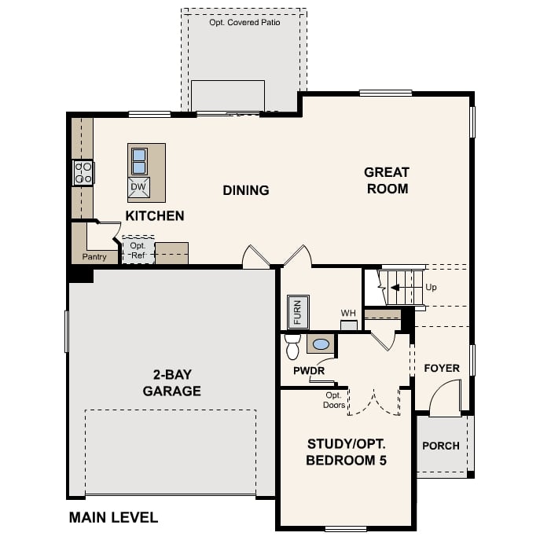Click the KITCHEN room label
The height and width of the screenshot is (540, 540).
(155, 215)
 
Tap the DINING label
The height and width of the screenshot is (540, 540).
(245, 190)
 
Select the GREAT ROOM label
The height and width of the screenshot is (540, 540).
(386, 180)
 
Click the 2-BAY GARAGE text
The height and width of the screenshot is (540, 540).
(171, 384)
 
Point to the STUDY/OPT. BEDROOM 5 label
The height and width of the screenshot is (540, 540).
(347, 452)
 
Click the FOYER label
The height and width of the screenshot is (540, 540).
(442, 368)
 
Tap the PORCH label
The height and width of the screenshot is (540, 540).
(441, 446)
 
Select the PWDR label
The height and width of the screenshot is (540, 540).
(309, 370)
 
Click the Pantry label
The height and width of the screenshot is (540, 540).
(94, 257)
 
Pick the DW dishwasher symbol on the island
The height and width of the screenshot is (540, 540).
(138, 187)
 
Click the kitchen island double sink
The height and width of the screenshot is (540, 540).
(139, 161)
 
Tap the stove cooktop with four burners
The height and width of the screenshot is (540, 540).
(83, 172)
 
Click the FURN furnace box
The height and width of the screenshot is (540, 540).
(298, 311)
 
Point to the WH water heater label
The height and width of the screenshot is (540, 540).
(348, 313)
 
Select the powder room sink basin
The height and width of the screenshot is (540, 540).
(321, 343)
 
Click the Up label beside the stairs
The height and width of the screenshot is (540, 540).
(431, 287)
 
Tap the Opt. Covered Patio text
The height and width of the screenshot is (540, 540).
(244, 23)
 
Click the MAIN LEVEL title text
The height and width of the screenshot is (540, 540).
(113, 517)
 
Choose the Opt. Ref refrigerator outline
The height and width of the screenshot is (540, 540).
(138, 250)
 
